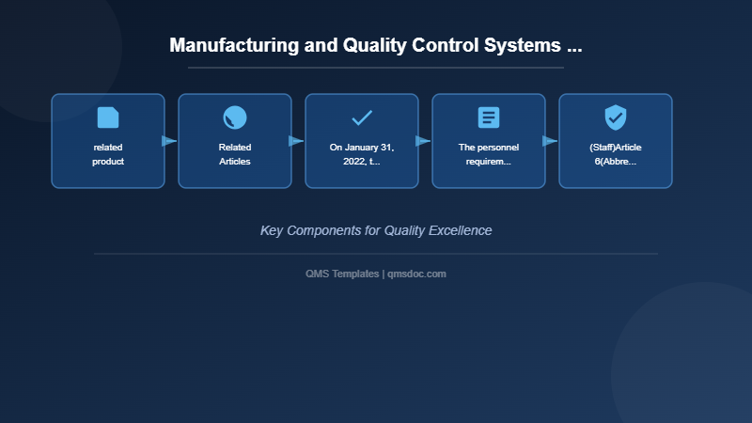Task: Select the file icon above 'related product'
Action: pyautogui.click(x=108, y=117)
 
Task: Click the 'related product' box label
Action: pyautogui.click(x=108, y=154)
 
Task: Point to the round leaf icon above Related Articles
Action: pyautogui.click(x=235, y=117)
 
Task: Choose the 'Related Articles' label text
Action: pyautogui.click(x=235, y=154)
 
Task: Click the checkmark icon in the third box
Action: pyautogui.click(x=362, y=117)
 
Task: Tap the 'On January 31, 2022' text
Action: pyautogui.click(x=362, y=154)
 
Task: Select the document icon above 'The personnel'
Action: pyautogui.click(x=489, y=117)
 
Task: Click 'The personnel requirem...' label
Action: pyautogui.click(x=489, y=154)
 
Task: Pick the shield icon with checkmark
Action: pyautogui.click(x=616, y=117)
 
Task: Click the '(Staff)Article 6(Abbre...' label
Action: pyautogui.click(x=616, y=154)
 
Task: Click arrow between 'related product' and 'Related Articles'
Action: pyautogui.click(x=169, y=141)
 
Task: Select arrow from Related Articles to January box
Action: pyautogui.click(x=296, y=141)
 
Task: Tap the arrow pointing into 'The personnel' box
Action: pyautogui.click(x=423, y=141)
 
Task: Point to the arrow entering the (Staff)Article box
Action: pyautogui.click(x=550, y=141)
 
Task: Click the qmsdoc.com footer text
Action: pyautogui.click(x=416, y=274)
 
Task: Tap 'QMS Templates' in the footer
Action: pyautogui.click(x=342, y=274)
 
